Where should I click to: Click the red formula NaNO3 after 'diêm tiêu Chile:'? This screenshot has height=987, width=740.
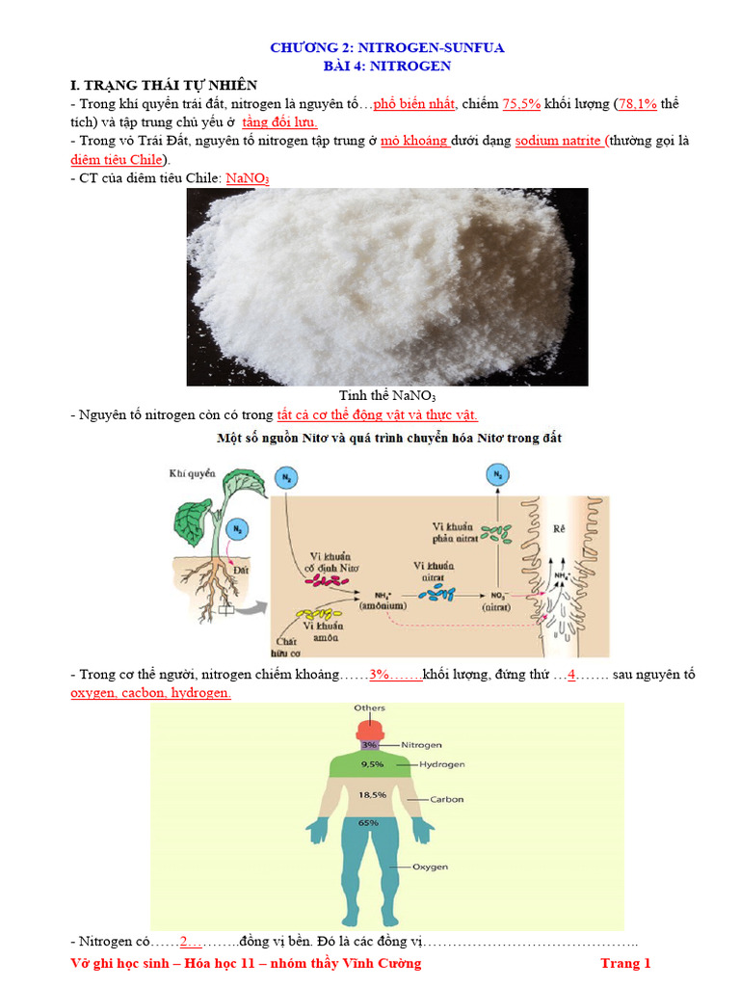[x=247, y=178]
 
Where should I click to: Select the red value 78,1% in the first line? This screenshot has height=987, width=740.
[x=638, y=104]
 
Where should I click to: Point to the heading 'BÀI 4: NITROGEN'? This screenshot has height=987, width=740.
[x=386, y=66]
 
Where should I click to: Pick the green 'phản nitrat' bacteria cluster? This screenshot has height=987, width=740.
[x=497, y=531]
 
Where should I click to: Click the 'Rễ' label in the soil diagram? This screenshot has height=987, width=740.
[x=560, y=529]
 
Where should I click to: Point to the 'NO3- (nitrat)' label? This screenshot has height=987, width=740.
[x=499, y=601]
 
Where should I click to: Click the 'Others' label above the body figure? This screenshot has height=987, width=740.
[x=369, y=708]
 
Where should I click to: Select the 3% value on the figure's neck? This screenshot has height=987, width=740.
[x=369, y=745]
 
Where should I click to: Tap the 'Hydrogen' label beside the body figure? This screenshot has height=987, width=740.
[x=441, y=764]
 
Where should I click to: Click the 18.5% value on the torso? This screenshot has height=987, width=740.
[x=372, y=795]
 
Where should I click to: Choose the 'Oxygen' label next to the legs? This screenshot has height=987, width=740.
[x=430, y=867]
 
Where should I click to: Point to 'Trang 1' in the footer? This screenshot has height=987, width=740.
[x=626, y=963]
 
